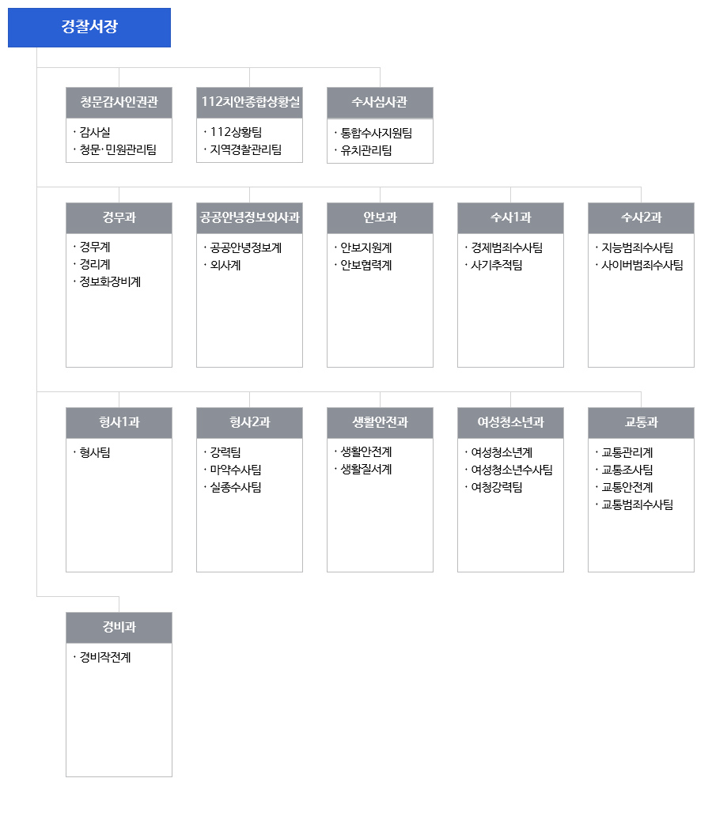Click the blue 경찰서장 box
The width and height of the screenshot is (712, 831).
[x=89, y=28]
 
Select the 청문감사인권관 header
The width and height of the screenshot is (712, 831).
[x=119, y=102]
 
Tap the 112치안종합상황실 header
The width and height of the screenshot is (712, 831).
[x=250, y=102]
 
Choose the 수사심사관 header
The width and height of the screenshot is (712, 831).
[x=380, y=103]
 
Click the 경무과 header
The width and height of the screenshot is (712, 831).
[x=119, y=217]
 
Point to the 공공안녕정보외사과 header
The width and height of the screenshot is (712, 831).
[x=250, y=217]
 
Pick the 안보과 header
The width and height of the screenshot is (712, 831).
[x=380, y=217]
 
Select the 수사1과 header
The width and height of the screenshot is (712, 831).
[x=510, y=217]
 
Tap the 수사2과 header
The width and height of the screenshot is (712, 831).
[x=641, y=217]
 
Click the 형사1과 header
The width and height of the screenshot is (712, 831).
[x=119, y=423]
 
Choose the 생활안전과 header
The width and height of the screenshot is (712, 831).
[x=380, y=423]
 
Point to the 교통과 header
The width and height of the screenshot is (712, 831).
[x=641, y=423]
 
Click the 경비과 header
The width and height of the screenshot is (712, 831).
[x=119, y=628]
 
